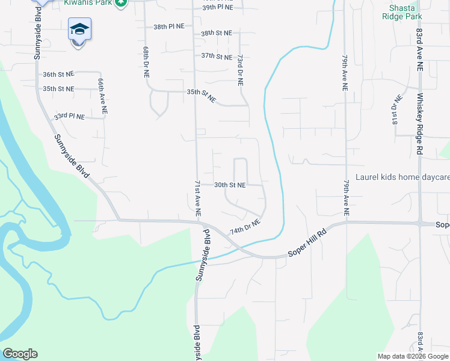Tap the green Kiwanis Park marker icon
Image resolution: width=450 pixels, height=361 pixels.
122,3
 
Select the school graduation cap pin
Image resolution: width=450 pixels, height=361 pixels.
79,30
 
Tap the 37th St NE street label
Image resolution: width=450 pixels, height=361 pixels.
217,57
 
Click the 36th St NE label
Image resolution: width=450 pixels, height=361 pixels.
58,75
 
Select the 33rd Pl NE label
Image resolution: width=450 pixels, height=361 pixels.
69,116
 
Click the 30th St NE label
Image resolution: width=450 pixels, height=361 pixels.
230,185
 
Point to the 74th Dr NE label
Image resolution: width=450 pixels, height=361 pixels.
245,227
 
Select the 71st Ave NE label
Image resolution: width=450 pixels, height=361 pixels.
197,198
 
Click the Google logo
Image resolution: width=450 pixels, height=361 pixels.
20,354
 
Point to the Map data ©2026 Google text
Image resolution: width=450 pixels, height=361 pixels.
413,356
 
